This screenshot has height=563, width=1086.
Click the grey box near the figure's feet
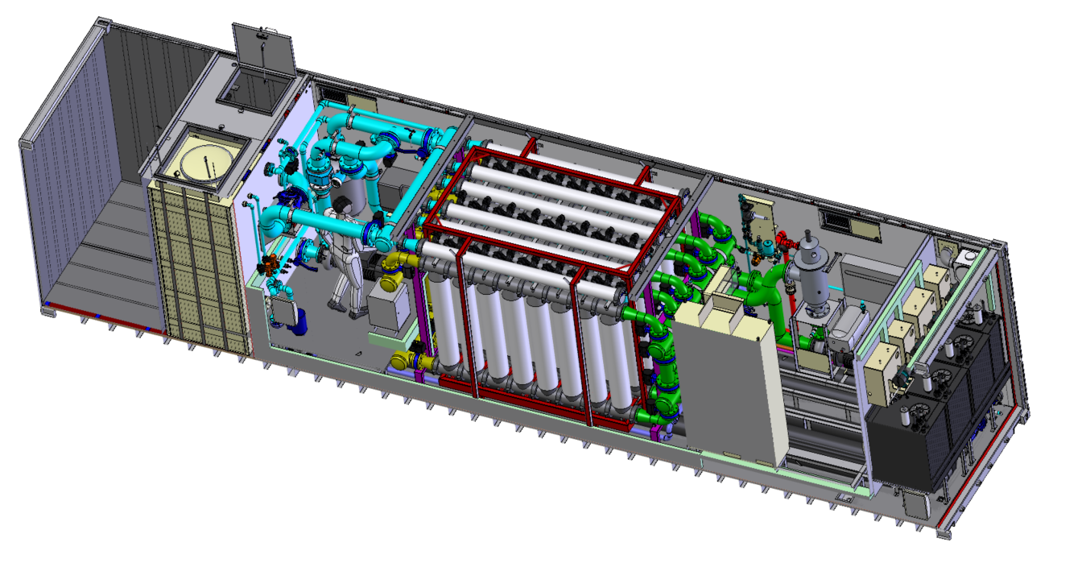click(x=388, y=306)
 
